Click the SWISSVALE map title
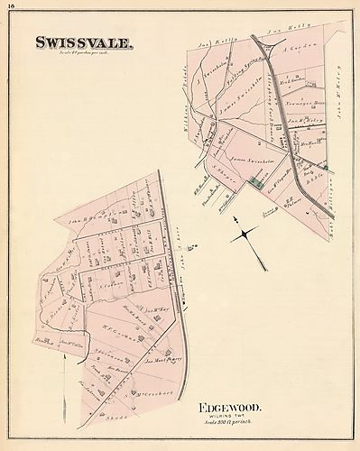[87, 41]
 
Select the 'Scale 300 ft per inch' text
[231, 424]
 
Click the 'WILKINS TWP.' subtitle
[232, 417]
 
